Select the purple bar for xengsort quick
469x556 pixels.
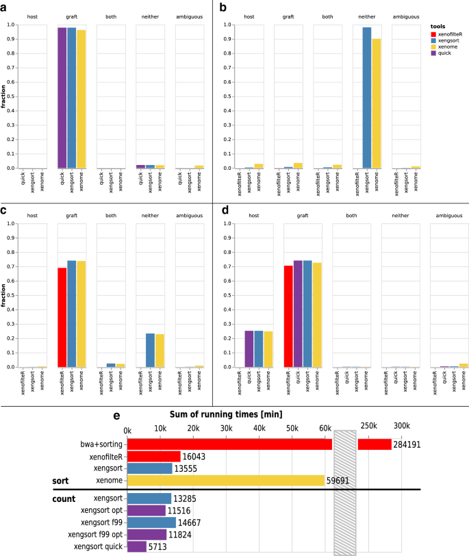(x=136, y=546)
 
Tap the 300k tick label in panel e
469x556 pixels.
(x=402, y=427)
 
